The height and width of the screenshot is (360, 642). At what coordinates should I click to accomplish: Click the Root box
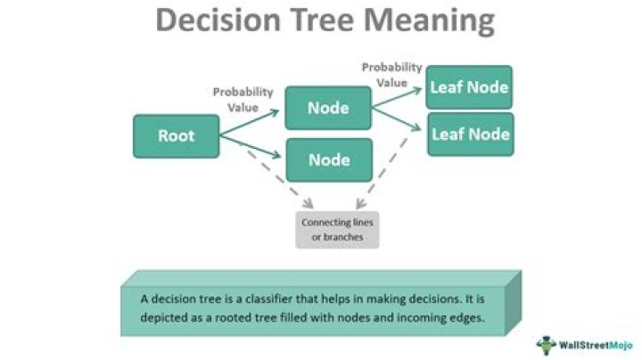point(176,136)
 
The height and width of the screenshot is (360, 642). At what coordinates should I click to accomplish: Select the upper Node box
point(327,108)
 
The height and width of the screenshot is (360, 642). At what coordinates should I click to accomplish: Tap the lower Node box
point(327,160)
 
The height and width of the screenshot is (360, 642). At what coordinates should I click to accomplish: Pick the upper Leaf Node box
point(469,87)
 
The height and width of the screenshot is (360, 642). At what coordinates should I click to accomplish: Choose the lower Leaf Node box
point(469,135)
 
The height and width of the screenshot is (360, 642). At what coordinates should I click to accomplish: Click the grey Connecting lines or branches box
point(338,228)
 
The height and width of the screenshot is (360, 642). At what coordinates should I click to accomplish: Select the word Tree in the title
point(332,20)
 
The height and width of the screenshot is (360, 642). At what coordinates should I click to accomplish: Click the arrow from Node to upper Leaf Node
point(398,98)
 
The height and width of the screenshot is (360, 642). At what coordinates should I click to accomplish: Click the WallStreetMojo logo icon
point(546,343)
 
